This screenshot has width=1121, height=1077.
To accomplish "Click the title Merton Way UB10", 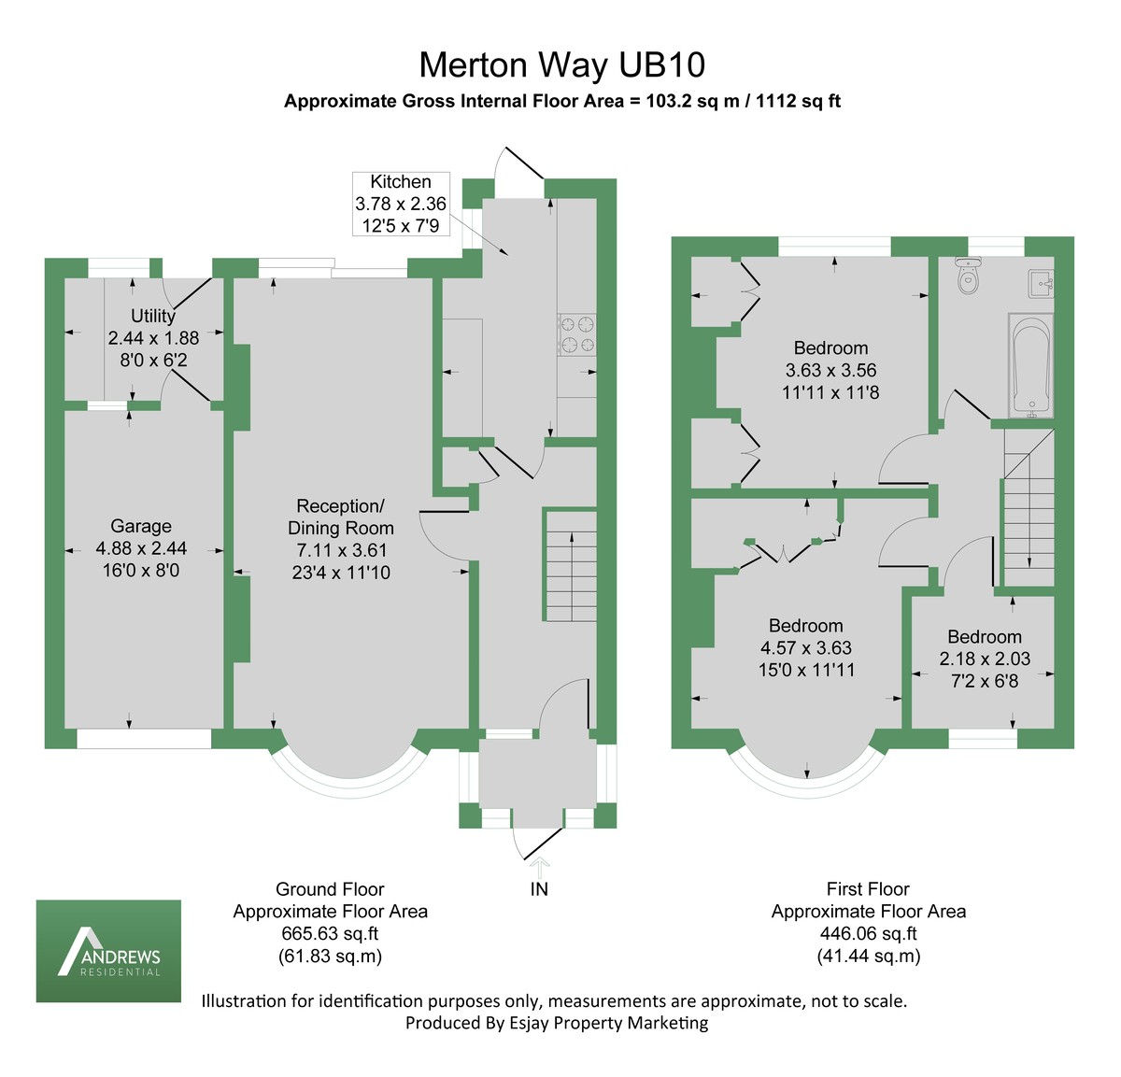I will click(x=561, y=65).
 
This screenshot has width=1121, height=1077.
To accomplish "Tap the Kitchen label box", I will click(x=401, y=204).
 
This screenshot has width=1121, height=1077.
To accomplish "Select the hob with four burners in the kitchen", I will click(x=576, y=335).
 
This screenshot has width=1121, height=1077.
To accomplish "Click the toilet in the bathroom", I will click(x=969, y=277).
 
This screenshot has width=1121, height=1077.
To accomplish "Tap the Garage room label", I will click(x=141, y=526).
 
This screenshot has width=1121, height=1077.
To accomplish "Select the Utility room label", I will click(x=153, y=316).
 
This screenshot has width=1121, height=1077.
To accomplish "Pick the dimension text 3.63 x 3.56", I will click(x=830, y=370).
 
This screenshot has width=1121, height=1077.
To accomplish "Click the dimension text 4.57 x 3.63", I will click(x=805, y=647).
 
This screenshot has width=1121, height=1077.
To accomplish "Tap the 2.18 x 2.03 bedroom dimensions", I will click(x=985, y=659).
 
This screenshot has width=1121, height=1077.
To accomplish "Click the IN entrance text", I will click(x=539, y=889).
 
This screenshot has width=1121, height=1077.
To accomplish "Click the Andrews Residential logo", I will click(x=108, y=951).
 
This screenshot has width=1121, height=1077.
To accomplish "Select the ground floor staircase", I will click(x=570, y=565).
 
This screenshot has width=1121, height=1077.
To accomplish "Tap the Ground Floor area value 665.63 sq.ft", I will click(x=330, y=933).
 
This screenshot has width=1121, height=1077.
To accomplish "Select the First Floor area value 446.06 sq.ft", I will click(x=868, y=933).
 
